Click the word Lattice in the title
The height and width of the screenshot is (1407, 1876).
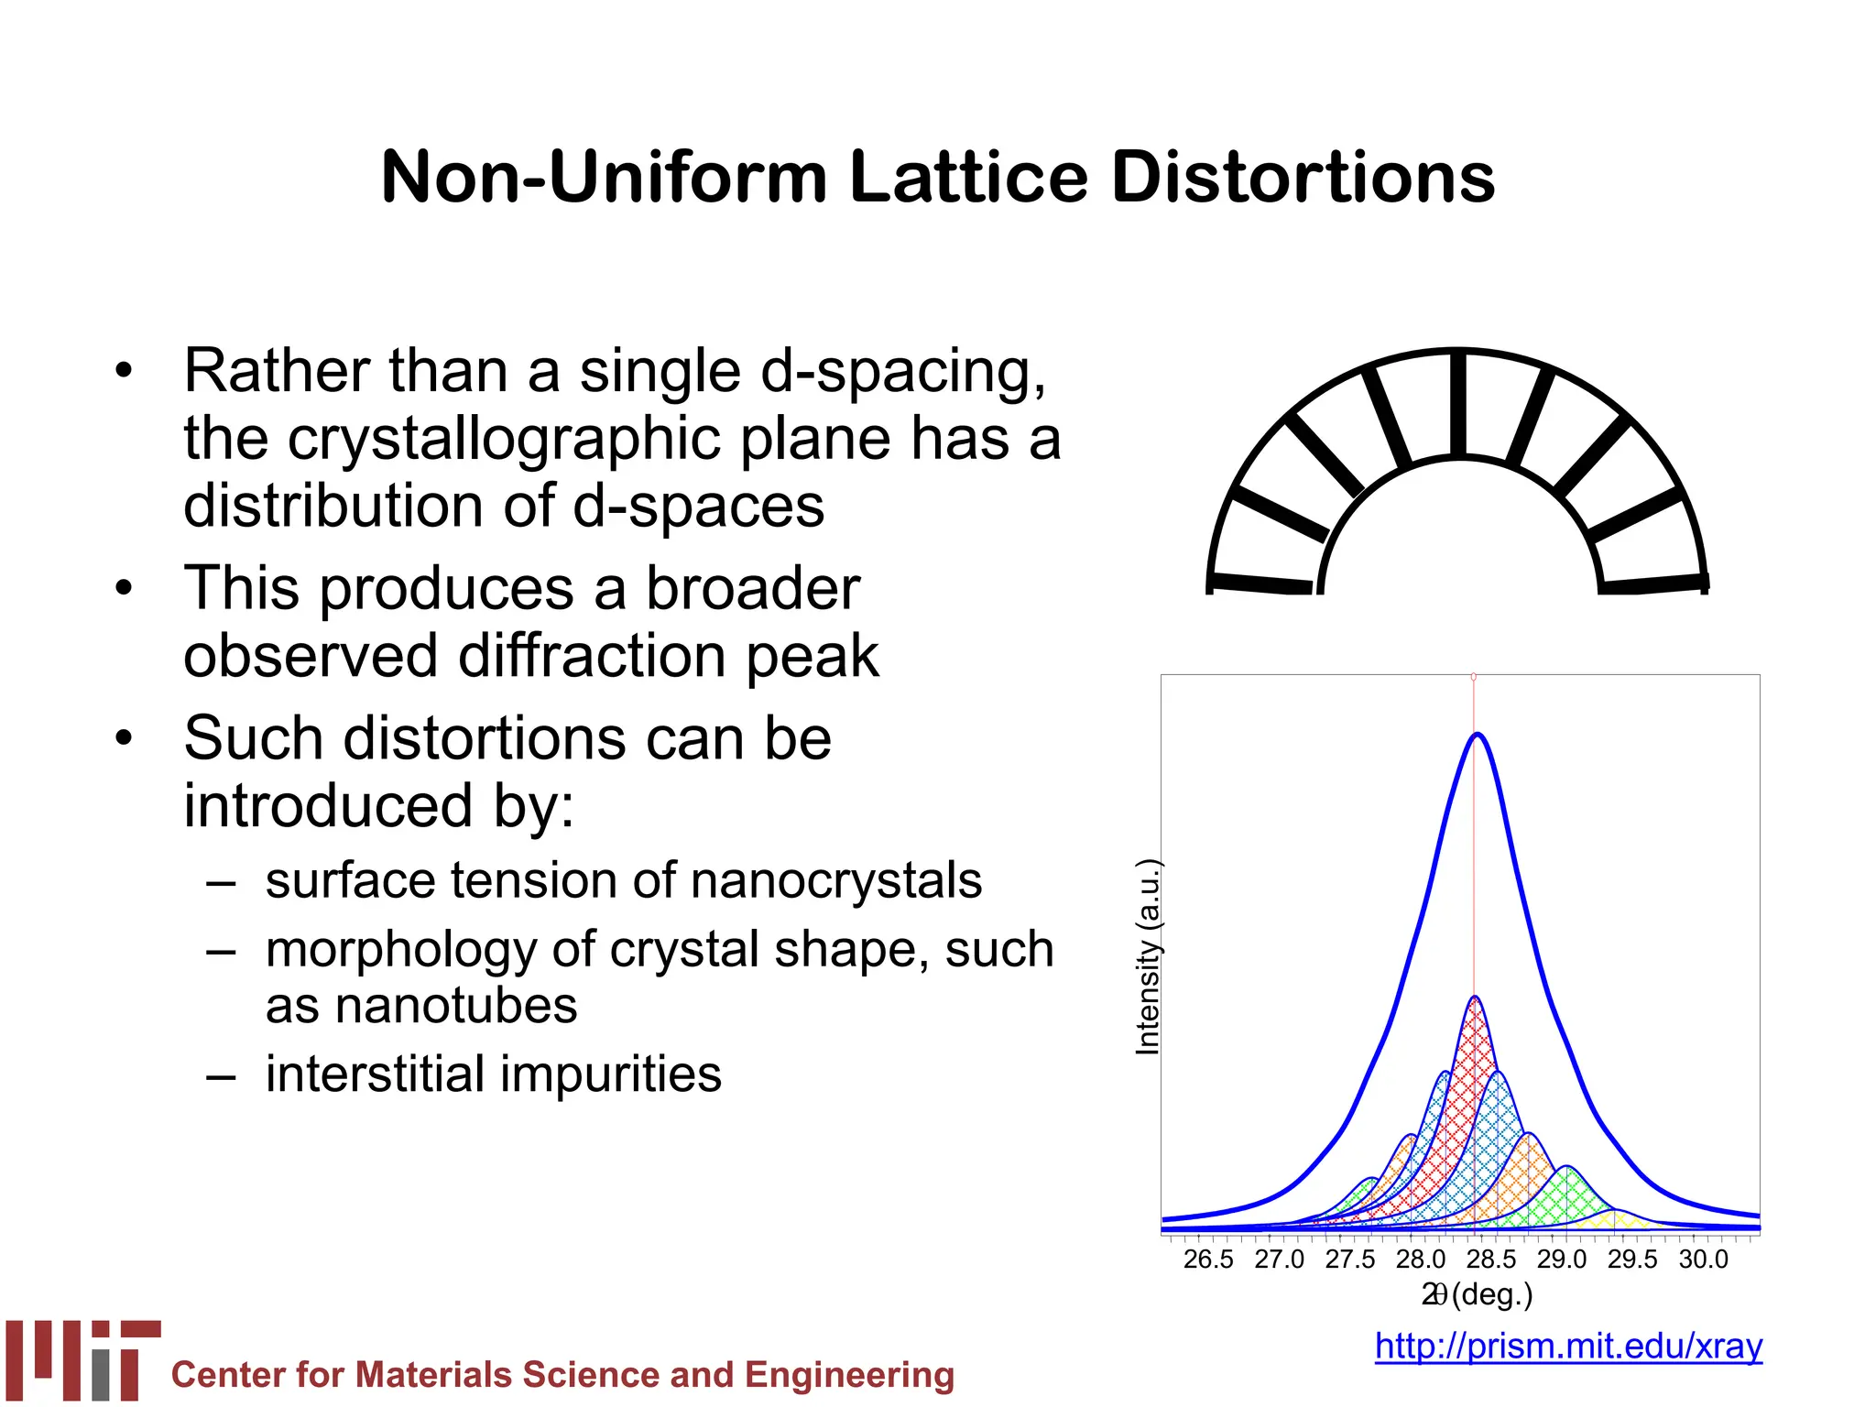point(969,177)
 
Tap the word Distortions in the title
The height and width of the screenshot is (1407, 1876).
point(1303,177)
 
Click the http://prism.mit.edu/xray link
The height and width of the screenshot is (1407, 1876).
point(1568,1346)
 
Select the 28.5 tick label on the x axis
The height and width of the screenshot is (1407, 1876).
point(1490,1260)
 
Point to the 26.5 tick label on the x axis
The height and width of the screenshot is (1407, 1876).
point(1207,1260)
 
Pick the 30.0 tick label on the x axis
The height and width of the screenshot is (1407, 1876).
point(1703,1260)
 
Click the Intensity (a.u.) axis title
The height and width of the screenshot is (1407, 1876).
point(1148,957)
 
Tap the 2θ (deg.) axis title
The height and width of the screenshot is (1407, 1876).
point(1477,1294)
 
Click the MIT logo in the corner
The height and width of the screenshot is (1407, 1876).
point(82,1359)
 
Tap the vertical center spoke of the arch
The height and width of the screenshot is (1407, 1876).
point(1458,403)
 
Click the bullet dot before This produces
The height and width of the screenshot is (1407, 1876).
point(125,588)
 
